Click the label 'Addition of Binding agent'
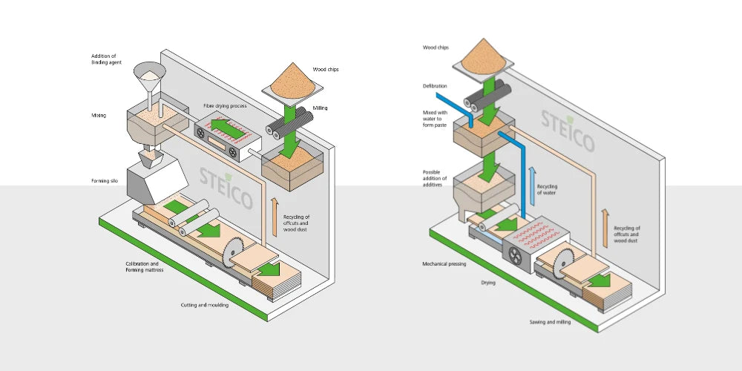pos(105,59)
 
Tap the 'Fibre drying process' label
pos(225,106)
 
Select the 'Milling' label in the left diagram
pos(320,108)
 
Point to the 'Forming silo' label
pos(105,181)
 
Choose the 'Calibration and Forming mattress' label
pos(142,267)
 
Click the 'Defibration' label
pos(435,85)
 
